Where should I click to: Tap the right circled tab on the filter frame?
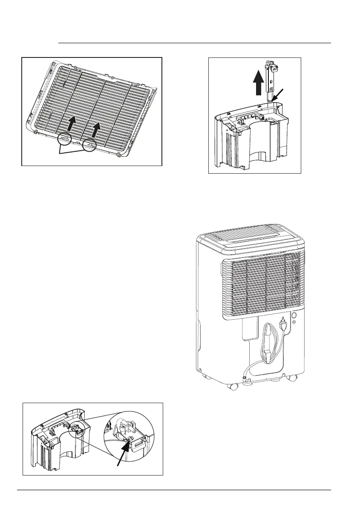pos(89,145)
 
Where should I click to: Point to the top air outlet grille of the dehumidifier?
pos(248,236)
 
